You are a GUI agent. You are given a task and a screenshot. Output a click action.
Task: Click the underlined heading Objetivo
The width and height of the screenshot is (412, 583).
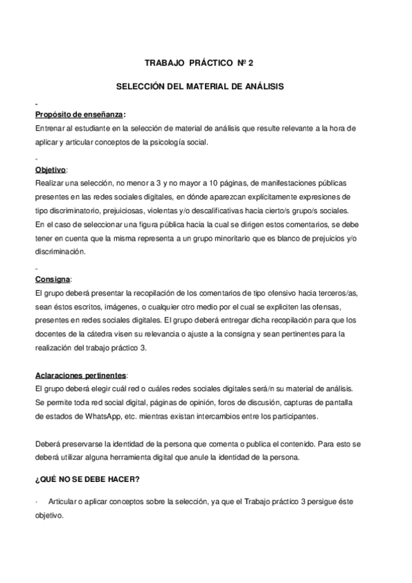pyautogui.click(x=51, y=169)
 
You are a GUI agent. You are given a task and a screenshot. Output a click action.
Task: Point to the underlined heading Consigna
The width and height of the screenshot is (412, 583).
pyautogui.click(x=52, y=279)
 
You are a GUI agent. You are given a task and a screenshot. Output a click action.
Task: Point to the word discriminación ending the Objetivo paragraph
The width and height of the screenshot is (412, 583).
pyautogui.click(x=60, y=252)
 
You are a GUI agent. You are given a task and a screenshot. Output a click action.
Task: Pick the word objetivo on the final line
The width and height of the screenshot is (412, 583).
pyautogui.click(x=48, y=515)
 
